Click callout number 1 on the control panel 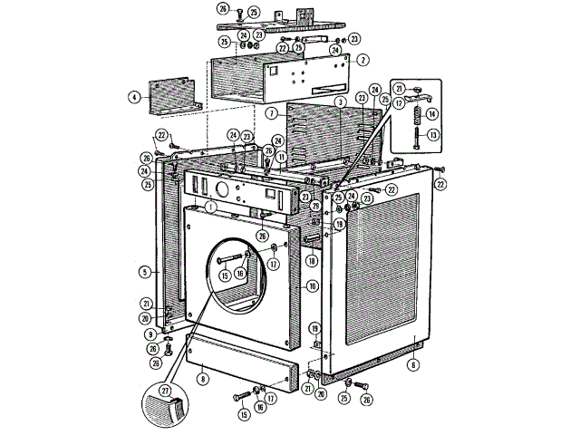click(x=209, y=207)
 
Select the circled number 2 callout click(x=362, y=60)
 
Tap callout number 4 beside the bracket click(x=134, y=96)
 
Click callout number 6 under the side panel click(x=413, y=364)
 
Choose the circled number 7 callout click(x=271, y=113)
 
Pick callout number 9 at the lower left click(x=150, y=333)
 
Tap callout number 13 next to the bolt click(x=432, y=135)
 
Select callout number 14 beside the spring click(x=432, y=114)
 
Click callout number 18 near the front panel click(x=311, y=260)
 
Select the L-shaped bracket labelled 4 click(x=172, y=96)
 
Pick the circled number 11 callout click(x=283, y=156)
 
